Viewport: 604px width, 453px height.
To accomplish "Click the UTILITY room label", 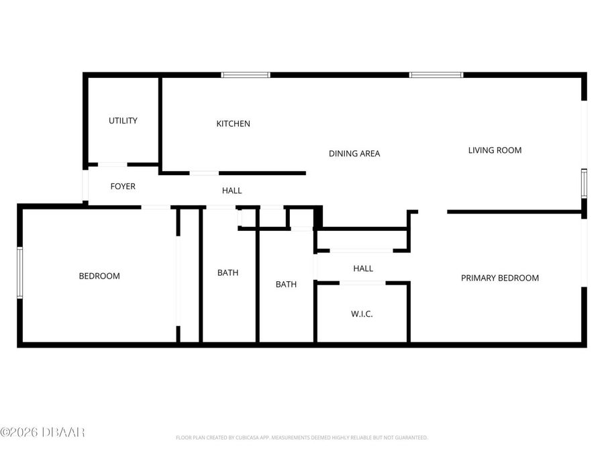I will pyautogui.click(x=123, y=121).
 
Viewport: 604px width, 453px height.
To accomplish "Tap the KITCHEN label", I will pyautogui.click(x=233, y=123).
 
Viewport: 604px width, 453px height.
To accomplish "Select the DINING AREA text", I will pyautogui.click(x=354, y=154).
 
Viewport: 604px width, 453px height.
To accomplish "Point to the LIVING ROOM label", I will pyautogui.click(x=495, y=150).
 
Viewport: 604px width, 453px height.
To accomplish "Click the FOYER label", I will pyautogui.click(x=123, y=186).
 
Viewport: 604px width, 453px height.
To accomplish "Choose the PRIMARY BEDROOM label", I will pyautogui.click(x=499, y=278).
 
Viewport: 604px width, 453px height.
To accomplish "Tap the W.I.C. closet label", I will pyautogui.click(x=362, y=314).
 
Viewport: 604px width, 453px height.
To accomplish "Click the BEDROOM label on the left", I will pyautogui.click(x=99, y=276).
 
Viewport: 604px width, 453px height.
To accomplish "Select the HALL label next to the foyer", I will pyautogui.click(x=232, y=191).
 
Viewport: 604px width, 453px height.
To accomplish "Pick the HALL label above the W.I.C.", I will pyautogui.click(x=363, y=268).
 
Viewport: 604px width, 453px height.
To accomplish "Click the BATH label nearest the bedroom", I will pyautogui.click(x=228, y=272).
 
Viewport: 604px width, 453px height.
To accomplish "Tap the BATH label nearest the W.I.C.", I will pyautogui.click(x=286, y=285).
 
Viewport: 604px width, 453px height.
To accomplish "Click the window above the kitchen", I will pyautogui.click(x=246, y=74).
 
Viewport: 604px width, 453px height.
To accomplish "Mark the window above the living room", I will pyautogui.click(x=436, y=74).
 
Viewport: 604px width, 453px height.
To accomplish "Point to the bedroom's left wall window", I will pyautogui.click(x=20, y=272).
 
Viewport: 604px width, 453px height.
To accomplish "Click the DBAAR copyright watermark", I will pyautogui.click(x=42, y=432).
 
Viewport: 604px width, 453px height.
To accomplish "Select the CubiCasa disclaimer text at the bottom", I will pyautogui.click(x=301, y=438).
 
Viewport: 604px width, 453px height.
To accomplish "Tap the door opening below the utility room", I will pyautogui.click(x=112, y=164).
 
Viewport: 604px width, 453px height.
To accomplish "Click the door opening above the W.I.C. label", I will pyautogui.click(x=362, y=283).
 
